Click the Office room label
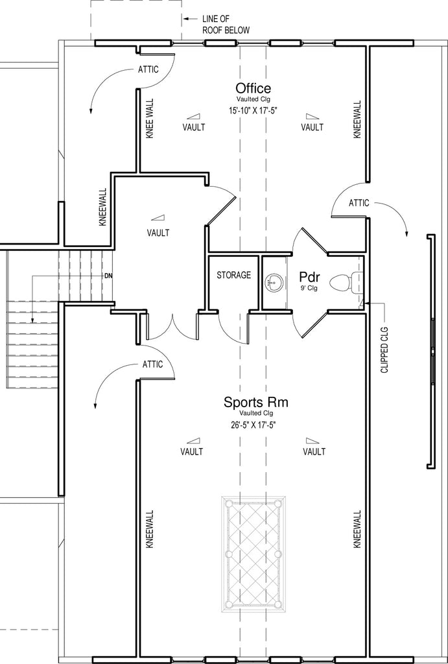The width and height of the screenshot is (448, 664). point(253,88)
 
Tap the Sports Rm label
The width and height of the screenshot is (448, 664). point(255,401)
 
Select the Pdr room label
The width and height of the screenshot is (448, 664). point(309,278)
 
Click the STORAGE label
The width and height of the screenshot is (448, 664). point(234,275)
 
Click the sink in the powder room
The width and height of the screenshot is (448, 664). point(274,282)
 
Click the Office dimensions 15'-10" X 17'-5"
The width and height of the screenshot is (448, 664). point(253,111)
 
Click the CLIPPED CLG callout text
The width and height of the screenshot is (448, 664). point(384,350)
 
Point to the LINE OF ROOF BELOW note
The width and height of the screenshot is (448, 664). point(225,25)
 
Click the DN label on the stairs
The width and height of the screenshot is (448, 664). point(108,276)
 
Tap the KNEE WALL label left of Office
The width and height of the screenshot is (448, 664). point(150,119)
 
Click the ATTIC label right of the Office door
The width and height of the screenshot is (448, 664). point(359,203)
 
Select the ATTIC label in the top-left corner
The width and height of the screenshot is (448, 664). point(148,69)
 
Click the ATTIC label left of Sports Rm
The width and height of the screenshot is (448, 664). point(152,364)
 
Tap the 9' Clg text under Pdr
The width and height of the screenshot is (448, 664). point(309,289)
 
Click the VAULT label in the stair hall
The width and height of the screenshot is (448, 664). point(158,233)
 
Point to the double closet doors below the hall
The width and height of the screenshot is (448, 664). point(172,327)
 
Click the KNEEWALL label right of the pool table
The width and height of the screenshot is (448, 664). point(357,529)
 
